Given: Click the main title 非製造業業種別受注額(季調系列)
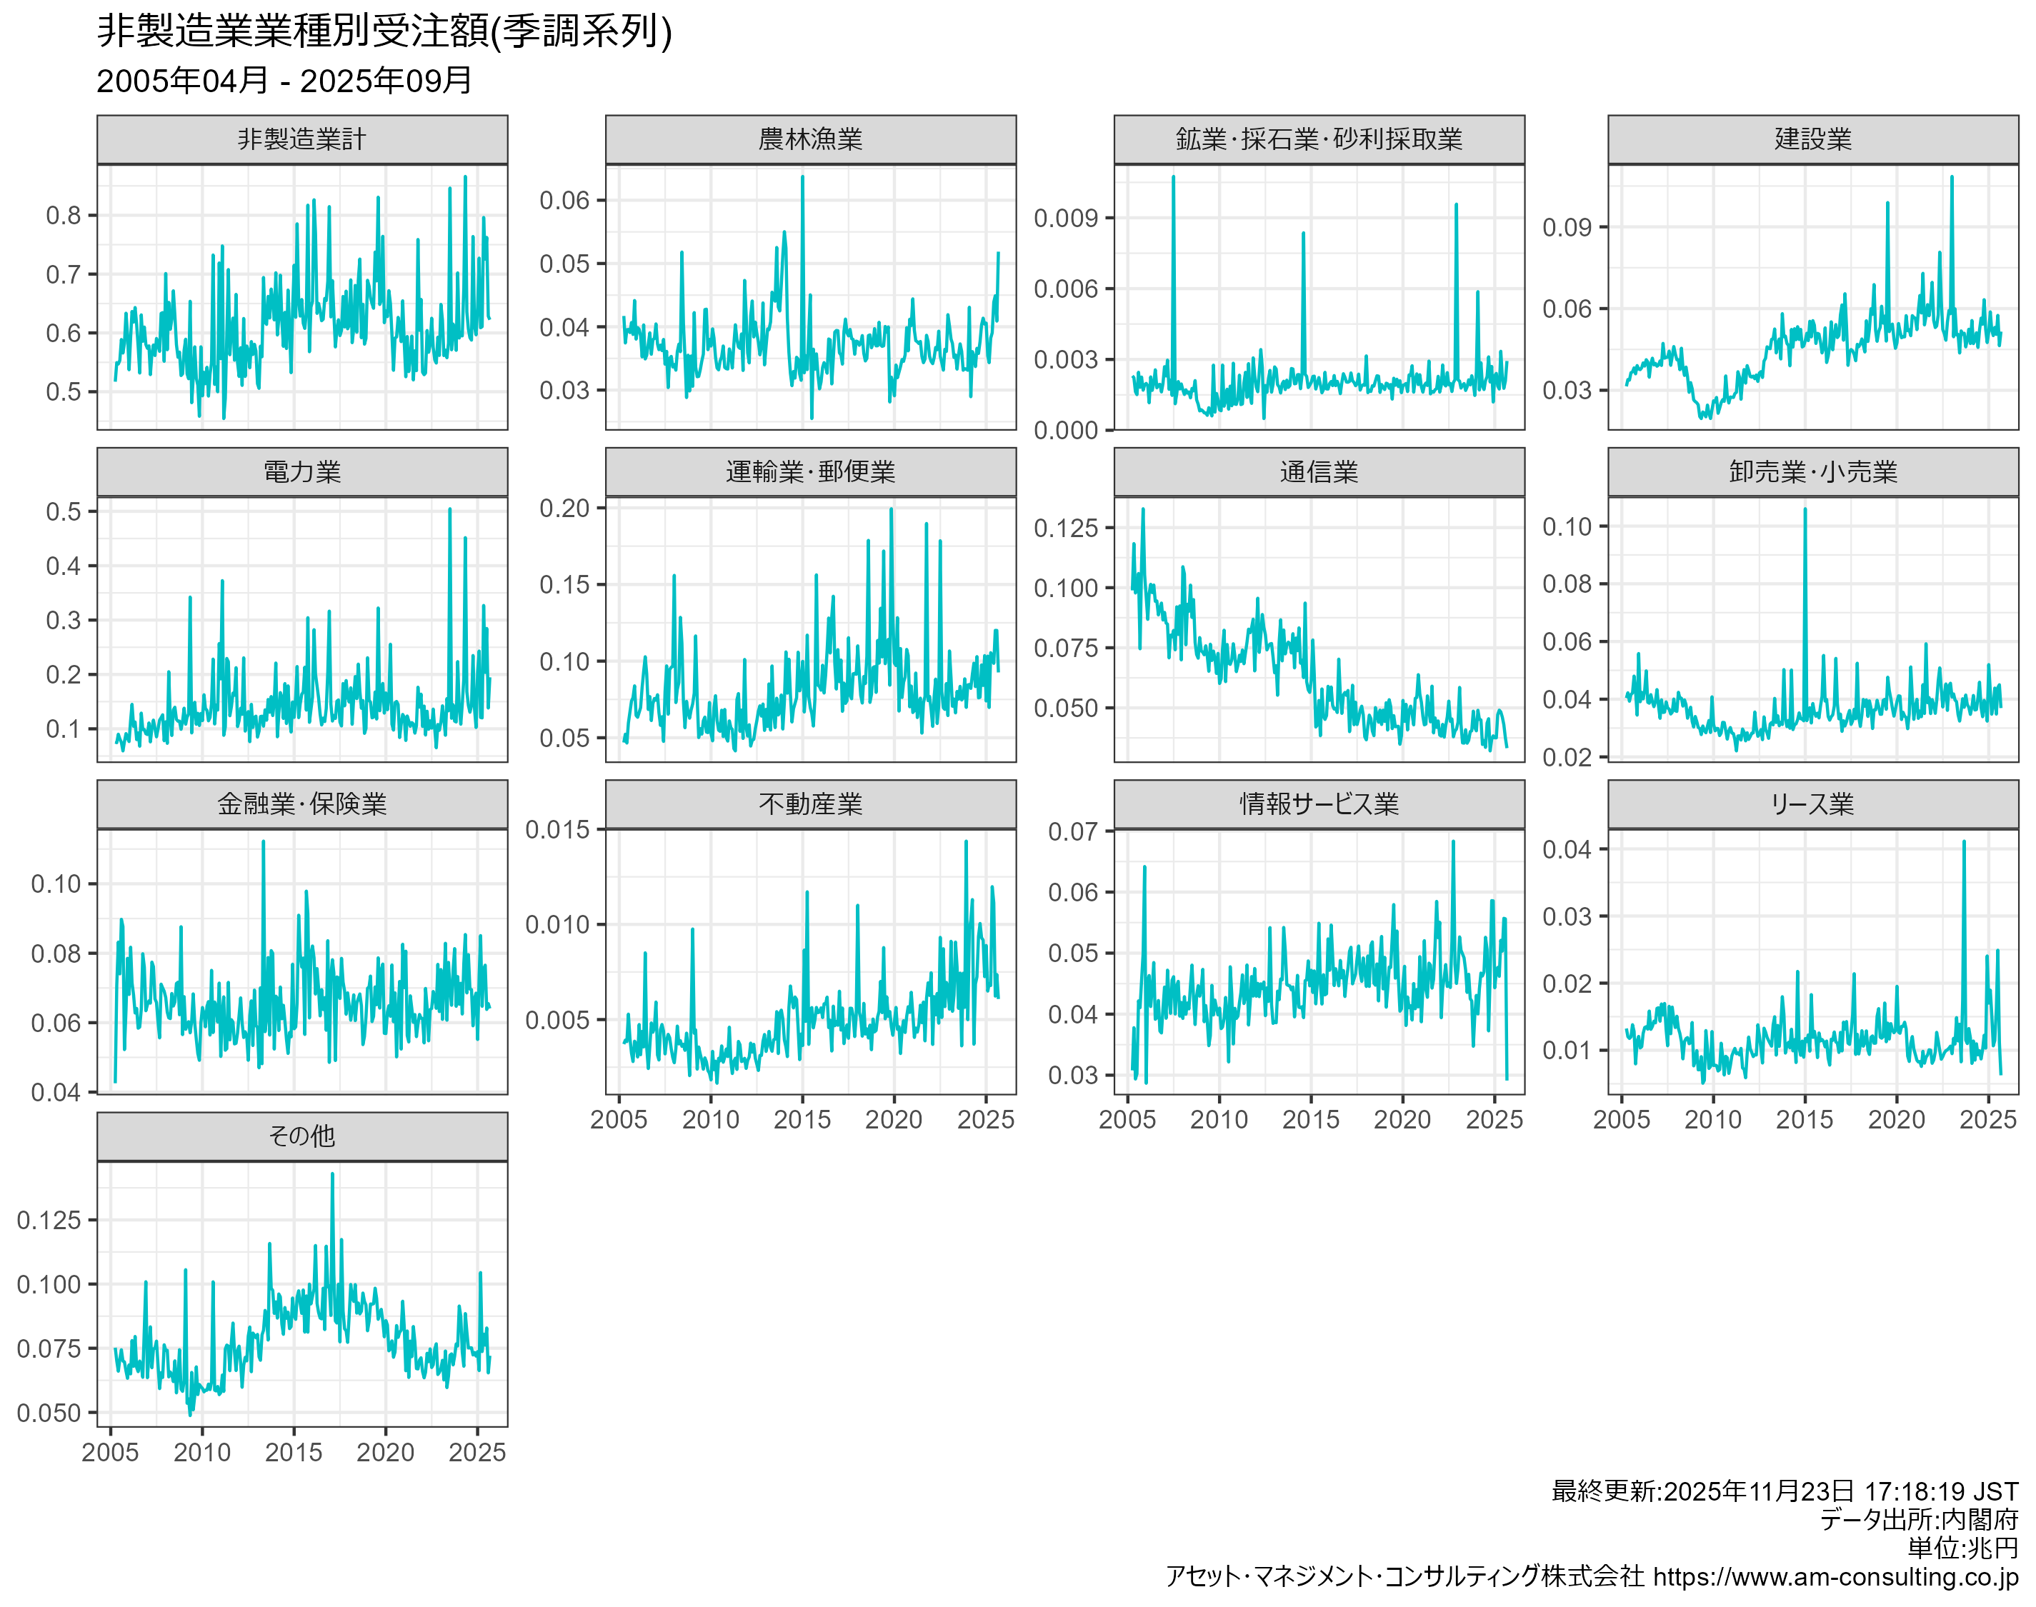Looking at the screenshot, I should [384, 31].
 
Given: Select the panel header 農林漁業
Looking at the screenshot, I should [810, 139].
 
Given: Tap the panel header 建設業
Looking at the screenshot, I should [1812, 139].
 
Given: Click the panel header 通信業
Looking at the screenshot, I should [1318, 471].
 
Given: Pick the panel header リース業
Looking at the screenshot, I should [1812, 803].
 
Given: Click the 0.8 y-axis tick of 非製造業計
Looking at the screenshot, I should [64, 216].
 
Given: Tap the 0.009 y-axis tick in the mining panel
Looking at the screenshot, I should [1065, 219].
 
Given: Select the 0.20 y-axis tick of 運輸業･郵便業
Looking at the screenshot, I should [564, 508].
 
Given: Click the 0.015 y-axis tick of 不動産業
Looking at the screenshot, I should [557, 830].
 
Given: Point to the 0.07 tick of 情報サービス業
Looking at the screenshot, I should [1072, 832].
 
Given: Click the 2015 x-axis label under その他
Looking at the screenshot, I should [294, 1452].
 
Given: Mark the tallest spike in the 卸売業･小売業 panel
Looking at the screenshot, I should [1805, 509].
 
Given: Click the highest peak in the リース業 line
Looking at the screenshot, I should [1964, 842].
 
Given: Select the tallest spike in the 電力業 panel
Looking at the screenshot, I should [450, 510].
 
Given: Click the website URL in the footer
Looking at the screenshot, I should [1835, 1577].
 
